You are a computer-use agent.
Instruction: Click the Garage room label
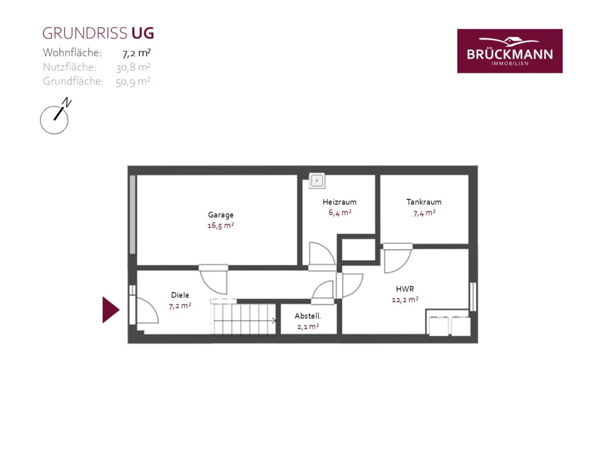click(x=221, y=215)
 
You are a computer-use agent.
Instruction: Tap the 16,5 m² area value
click(x=221, y=225)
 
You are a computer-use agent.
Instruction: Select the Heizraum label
click(x=339, y=202)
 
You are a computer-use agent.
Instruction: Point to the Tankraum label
click(x=424, y=202)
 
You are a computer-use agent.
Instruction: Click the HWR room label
click(x=405, y=289)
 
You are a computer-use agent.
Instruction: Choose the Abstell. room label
click(x=308, y=316)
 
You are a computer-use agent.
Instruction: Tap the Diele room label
click(x=180, y=295)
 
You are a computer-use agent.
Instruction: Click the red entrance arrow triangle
click(x=111, y=310)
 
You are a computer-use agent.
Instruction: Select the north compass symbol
click(x=55, y=116)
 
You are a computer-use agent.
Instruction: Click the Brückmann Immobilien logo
click(x=510, y=51)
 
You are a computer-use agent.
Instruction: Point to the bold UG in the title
click(x=142, y=33)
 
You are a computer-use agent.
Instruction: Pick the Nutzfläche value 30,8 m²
click(x=133, y=68)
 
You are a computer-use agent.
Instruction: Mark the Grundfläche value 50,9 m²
click(x=133, y=82)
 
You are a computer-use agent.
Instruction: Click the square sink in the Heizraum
click(x=317, y=180)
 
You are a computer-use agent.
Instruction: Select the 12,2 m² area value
click(x=405, y=300)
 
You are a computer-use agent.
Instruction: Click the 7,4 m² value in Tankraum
click(x=424, y=213)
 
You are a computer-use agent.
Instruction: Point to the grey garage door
click(x=132, y=214)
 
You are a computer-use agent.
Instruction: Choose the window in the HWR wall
click(x=473, y=297)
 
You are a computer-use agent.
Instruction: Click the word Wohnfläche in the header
click(x=72, y=53)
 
